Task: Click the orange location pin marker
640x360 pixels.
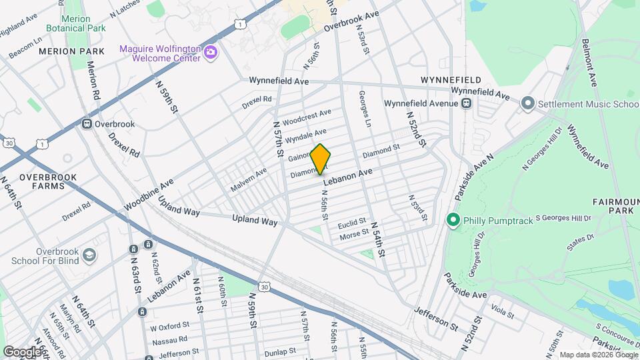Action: (321, 159)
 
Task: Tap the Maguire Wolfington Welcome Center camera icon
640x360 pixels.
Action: (211, 52)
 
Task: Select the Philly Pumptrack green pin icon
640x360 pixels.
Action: (453, 219)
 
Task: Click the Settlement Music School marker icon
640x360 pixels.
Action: (528, 103)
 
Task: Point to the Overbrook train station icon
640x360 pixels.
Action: (87, 124)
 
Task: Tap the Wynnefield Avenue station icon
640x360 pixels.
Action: (465, 103)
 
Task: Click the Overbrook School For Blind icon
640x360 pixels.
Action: (88, 255)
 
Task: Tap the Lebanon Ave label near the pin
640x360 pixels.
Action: (347, 177)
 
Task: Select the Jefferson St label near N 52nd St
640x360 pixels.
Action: (436, 319)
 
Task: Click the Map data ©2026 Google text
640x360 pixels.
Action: (598, 355)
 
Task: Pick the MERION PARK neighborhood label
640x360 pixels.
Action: (71, 51)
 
